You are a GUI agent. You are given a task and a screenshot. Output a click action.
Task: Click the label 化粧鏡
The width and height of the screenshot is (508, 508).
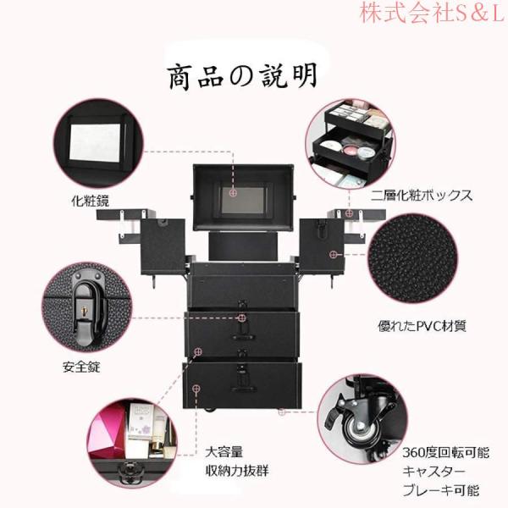point(91,202)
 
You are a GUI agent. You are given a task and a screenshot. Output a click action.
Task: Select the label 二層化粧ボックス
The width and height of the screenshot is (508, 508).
point(421,196)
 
